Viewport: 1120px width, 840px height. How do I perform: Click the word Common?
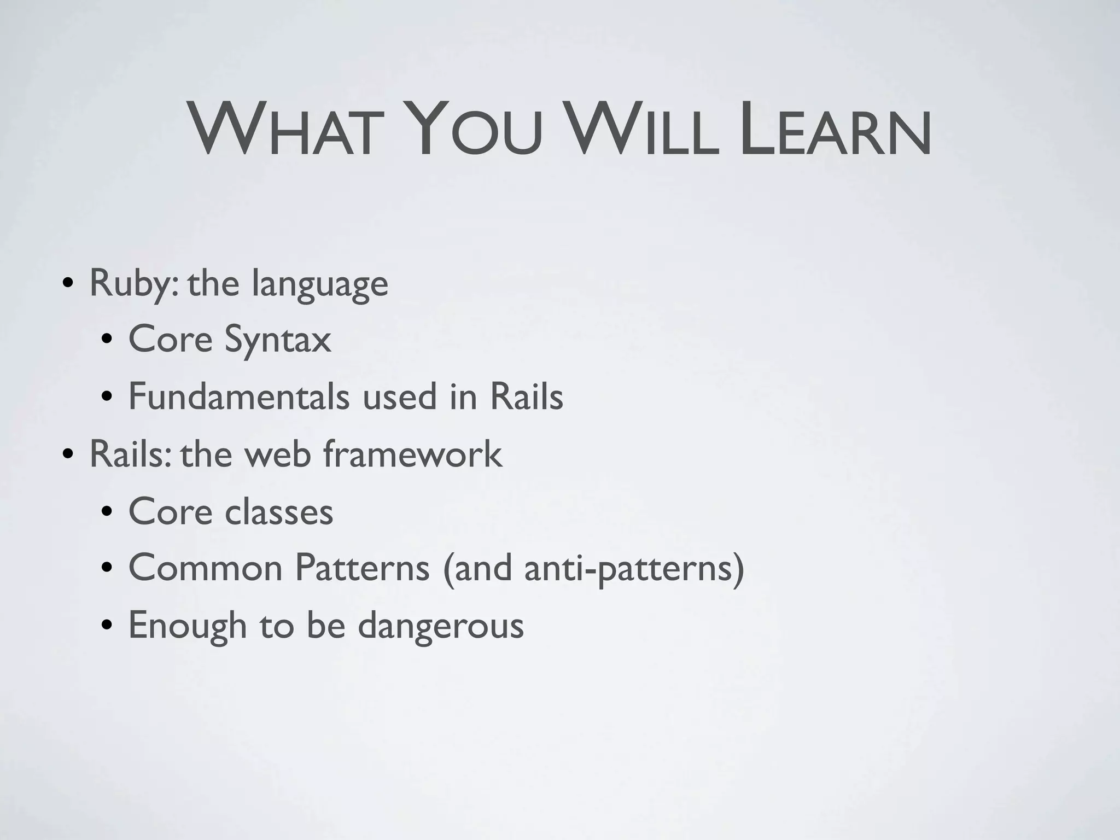coord(205,568)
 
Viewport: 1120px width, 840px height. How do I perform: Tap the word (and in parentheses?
coord(478,569)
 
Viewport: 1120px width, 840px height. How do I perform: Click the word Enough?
coord(188,626)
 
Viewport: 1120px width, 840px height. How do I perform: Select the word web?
coord(277,454)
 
